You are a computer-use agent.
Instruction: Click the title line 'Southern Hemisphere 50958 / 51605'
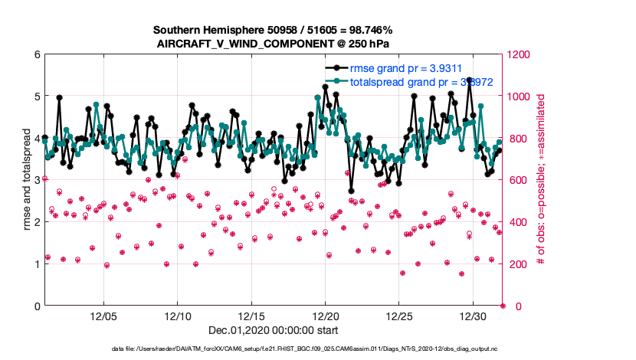273,30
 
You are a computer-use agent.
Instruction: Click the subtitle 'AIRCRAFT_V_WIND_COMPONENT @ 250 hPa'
274,44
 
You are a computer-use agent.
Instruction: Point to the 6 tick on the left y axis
36,55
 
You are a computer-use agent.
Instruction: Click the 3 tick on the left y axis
36,181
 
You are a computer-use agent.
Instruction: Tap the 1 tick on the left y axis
36,264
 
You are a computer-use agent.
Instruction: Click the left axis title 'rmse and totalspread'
25,181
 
